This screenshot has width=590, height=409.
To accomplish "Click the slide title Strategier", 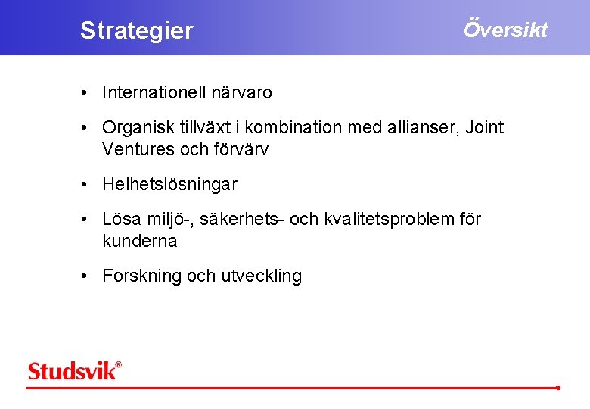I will coord(137,31).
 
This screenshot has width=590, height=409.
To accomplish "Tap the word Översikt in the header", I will coord(505,30).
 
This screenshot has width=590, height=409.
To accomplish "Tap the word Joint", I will coord(485,128).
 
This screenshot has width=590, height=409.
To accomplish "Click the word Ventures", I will coord(138,149).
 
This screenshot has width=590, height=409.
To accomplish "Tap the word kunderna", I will coord(139,241).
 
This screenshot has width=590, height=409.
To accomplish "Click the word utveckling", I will coord(261,276).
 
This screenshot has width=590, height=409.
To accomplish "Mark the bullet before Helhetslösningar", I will coord(88,185).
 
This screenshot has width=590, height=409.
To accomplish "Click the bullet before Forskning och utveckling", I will coord(88,276).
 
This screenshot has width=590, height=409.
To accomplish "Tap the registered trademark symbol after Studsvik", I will coord(118,364).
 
